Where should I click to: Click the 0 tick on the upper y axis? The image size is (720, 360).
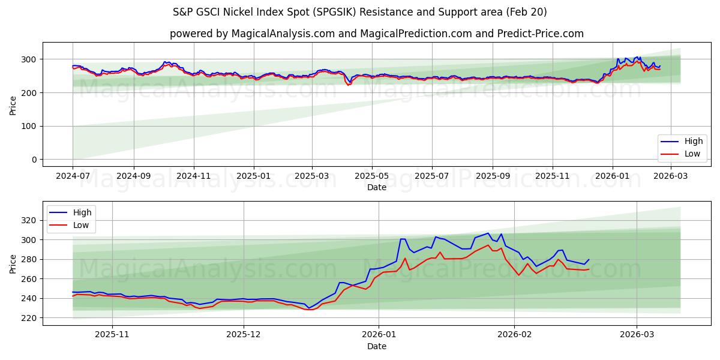pos(34,160)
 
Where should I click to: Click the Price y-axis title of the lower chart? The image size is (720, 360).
pos(13,263)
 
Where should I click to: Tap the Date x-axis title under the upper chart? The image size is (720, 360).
pos(376,188)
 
